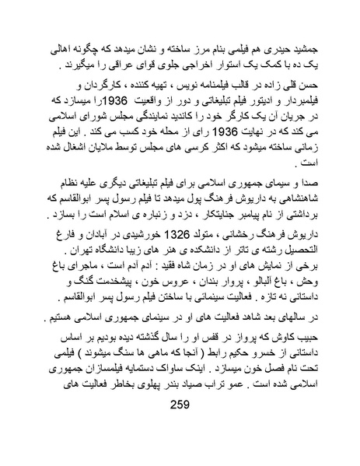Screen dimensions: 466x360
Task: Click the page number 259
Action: tap(180, 426)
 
